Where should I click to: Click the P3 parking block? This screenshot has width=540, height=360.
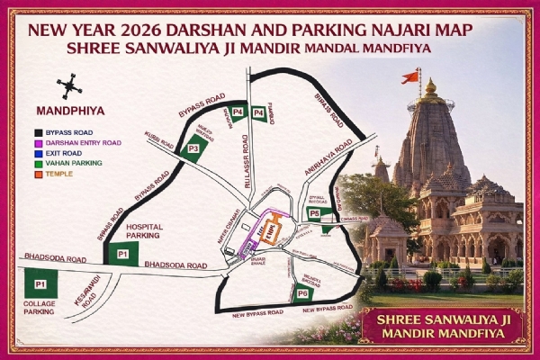pos(193,149)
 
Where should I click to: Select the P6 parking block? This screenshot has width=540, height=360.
pos(302,292)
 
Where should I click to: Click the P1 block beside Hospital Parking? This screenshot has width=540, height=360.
pos(123,255)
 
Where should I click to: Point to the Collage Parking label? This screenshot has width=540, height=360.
pos(38,309)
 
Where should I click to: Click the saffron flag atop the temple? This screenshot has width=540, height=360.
pos(410,76)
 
